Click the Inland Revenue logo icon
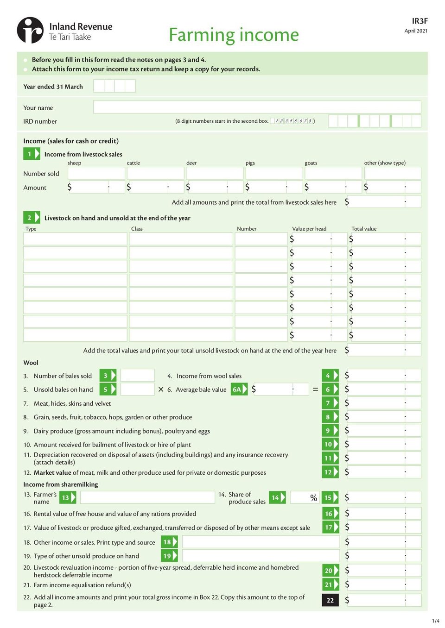click(30, 30)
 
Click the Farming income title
click(234, 35)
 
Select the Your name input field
click(257, 107)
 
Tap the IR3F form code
click(420, 21)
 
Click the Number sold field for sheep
click(96, 173)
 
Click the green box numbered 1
click(32, 154)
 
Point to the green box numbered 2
click(32, 218)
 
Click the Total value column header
click(364, 229)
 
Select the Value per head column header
click(309, 229)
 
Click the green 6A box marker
click(239, 389)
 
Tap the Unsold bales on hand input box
click(137, 389)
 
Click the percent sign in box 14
click(314, 498)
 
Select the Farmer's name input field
click(147, 497)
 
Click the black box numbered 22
click(330, 600)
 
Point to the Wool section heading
click(31, 363)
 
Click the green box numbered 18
click(169, 542)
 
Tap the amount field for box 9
click(383, 430)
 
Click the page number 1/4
click(435, 621)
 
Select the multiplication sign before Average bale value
click(161, 389)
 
